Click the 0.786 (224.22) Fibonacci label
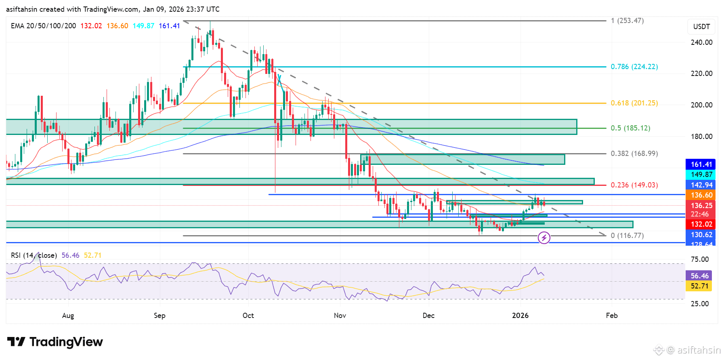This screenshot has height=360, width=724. pyautogui.click(x=634, y=67)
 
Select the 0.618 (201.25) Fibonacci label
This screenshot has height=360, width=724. pyautogui.click(x=634, y=103)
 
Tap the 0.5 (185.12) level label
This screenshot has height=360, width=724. pyautogui.click(x=630, y=128)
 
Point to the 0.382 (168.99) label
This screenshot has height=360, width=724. pyautogui.click(x=634, y=154)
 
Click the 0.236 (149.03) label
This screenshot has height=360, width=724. pyautogui.click(x=634, y=185)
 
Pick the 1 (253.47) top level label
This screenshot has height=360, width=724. pyautogui.click(x=627, y=21)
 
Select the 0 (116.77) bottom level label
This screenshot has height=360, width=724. pyautogui.click(x=627, y=236)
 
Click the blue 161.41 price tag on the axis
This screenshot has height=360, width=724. pyautogui.click(x=701, y=164)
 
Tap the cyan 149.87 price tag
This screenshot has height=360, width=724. pyautogui.click(x=701, y=175)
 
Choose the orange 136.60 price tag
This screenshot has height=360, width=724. pyautogui.click(x=701, y=195)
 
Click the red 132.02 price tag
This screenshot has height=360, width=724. pyautogui.click(x=701, y=224)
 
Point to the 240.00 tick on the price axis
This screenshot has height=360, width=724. pyautogui.click(x=701, y=42)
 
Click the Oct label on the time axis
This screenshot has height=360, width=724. pyautogui.click(x=248, y=316)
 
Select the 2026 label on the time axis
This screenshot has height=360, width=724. pyautogui.click(x=520, y=316)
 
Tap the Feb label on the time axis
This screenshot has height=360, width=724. pyautogui.click(x=612, y=316)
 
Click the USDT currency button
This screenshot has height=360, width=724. pyautogui.click(x=701, y=27)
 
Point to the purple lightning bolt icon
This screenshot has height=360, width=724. pyautogui.click(x=544, y=238)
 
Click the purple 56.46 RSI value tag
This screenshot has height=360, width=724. pyautogui.click(x=699, y=276)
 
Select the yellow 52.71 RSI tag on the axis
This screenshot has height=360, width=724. pyautogui.click(x=699, y=286)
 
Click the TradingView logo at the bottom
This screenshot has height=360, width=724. pyautogui.click(x=55, y=342)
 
